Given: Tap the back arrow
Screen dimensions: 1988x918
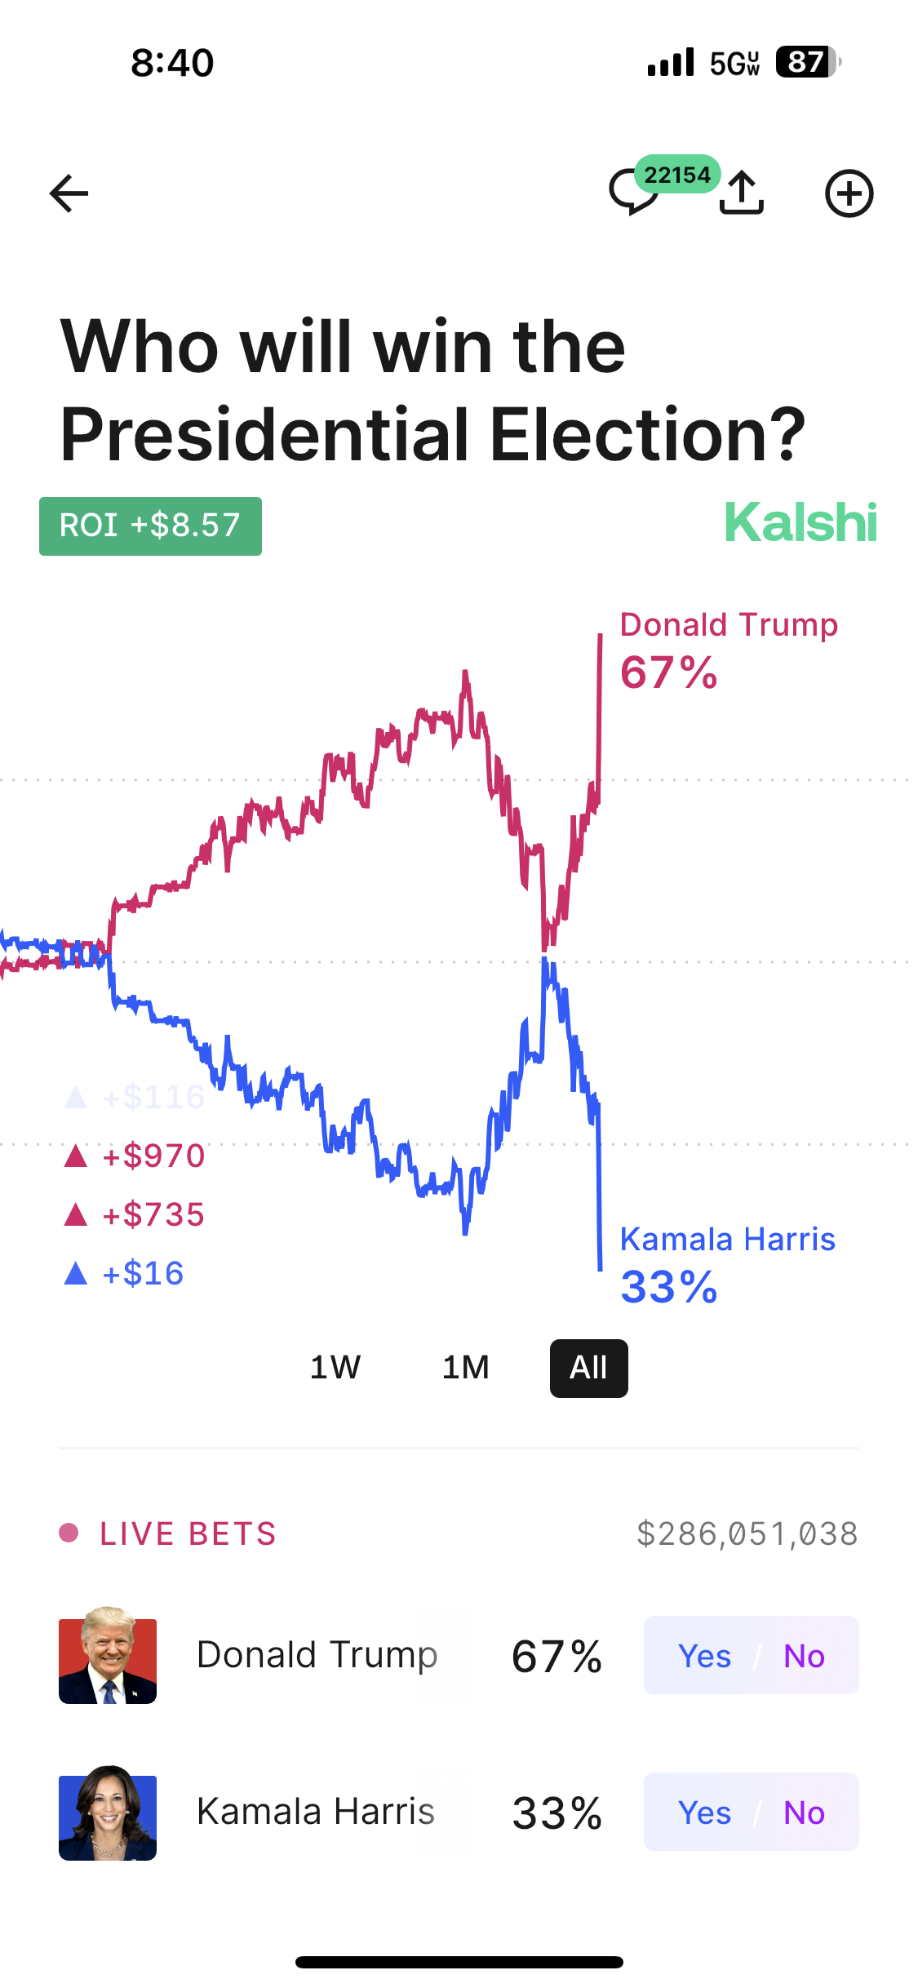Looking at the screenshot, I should [x=69, y=193].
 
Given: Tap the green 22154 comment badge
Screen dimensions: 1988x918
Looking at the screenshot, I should [x=676, y=175].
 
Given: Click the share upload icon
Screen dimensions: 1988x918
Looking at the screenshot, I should [x=742, y=193].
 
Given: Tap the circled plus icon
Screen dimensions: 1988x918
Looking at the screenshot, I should [x=849, y=193].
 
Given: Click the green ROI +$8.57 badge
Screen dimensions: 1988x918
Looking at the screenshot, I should [x=150, y=526].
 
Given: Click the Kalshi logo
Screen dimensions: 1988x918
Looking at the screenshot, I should [x=800, y=523].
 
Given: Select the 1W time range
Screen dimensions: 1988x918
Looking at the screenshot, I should [x=335, y=1368].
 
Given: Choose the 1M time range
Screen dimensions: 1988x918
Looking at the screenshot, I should [x=466, y=1368].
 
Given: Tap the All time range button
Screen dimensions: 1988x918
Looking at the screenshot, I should [x=588, y=1368].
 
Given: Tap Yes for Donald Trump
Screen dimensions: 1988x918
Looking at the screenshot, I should [x=704, y=1656].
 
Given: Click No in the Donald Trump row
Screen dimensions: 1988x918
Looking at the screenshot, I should [x=804, y=1656].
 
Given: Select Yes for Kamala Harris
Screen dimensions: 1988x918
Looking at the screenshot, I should [x=704, y=1813].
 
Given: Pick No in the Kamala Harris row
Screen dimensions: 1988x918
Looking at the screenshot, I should [x=804, y=1813].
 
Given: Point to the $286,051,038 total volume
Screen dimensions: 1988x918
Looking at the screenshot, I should [x=747, y=1534].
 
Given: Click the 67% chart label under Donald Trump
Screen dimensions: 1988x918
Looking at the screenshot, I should [x=669, y=673].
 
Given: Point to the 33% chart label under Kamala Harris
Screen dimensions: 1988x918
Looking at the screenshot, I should [x=669, y=1288].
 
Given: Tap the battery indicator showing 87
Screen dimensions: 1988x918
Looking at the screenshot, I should [x=808, y=62].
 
